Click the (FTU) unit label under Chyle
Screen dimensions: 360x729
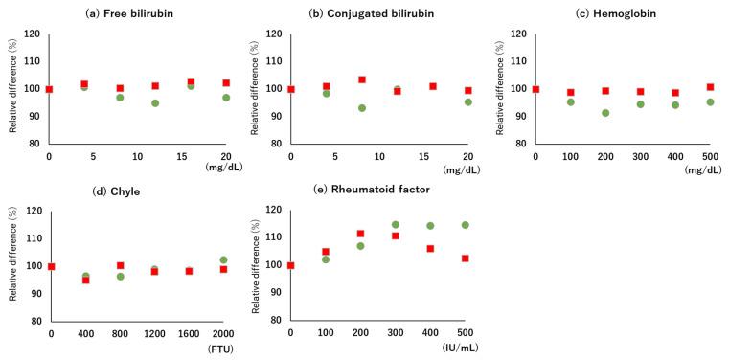(220, 349)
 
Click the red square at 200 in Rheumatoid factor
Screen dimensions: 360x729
(360, 234)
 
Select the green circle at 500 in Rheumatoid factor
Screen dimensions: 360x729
(466, 225)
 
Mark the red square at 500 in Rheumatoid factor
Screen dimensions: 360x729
(466, 259)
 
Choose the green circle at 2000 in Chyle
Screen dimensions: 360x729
(224, 259)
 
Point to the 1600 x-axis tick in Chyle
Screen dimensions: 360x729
(189, 333)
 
